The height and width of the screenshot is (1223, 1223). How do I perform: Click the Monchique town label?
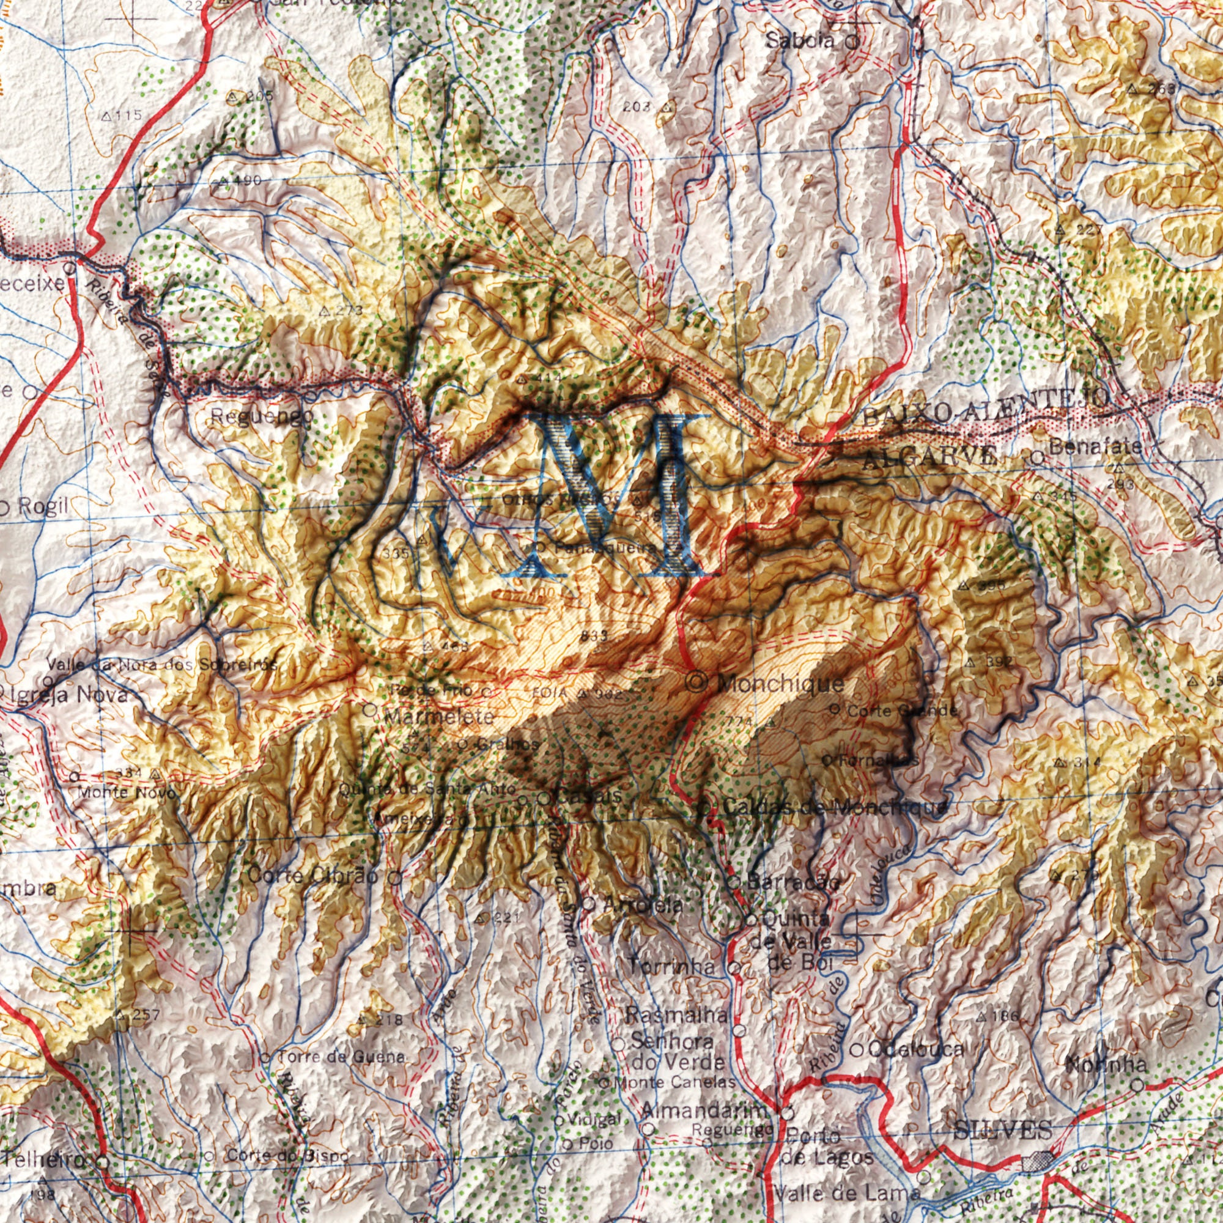[781, 684]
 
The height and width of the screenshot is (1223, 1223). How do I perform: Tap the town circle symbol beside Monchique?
[697, 682]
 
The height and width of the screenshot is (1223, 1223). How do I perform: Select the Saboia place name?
[799, 41]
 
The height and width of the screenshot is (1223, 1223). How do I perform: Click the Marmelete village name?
[439, 717]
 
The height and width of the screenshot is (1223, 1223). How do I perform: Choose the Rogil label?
[43, 506]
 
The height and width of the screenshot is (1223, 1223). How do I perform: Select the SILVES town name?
[1003, 1129]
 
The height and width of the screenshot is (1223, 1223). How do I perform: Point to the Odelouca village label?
[916, 1049]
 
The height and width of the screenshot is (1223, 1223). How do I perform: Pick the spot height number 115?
[127, 116]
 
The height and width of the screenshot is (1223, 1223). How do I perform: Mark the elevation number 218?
[388, 1020]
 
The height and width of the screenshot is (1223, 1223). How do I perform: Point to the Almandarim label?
[704, 1110]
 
